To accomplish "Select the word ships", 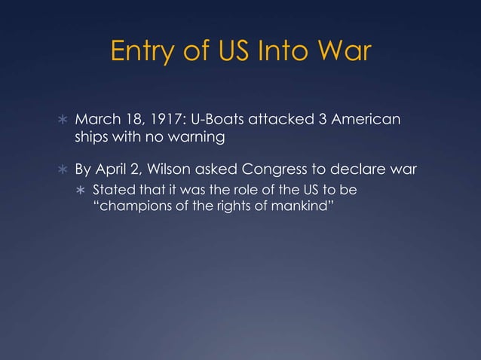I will [x=90, y=139].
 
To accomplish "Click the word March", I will [x=95, y=122].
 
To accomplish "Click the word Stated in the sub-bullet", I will [x=109, y=188].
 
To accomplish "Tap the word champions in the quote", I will [x=131, y=203].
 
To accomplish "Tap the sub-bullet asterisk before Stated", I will [x=80, y=188].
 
